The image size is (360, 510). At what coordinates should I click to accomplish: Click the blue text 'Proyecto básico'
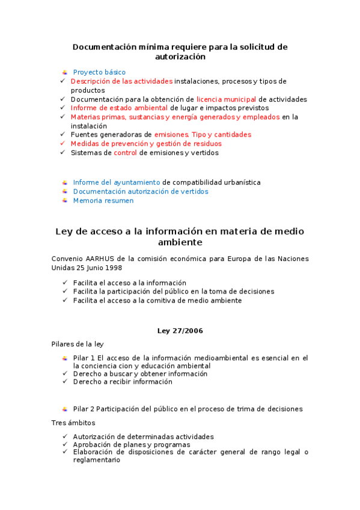[99, 72]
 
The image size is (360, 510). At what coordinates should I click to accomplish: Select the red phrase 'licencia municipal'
[227, 99]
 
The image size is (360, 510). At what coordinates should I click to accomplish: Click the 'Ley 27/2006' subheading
[180, 331]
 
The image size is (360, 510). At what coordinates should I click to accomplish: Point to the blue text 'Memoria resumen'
[103, 201]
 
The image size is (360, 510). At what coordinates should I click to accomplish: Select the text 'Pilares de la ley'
[78, 344]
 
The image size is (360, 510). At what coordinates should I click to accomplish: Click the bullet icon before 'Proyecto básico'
[65, 72]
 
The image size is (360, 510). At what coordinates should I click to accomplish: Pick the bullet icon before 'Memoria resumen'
[65, 201]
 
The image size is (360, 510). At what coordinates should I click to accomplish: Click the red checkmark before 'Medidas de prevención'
[63, 144]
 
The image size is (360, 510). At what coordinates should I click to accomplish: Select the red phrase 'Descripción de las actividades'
[121, 81]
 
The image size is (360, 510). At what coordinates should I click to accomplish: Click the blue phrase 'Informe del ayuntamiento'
[117, 182]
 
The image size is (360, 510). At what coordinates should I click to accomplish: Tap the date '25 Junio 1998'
[97, 268]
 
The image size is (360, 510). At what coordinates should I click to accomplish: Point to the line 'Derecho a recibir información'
[123, 381]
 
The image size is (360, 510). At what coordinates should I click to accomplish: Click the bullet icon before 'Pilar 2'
[65, 409]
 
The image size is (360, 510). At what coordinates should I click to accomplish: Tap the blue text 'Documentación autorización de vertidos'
[141, 191]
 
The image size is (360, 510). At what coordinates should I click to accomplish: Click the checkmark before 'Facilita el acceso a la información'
[64, 283]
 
